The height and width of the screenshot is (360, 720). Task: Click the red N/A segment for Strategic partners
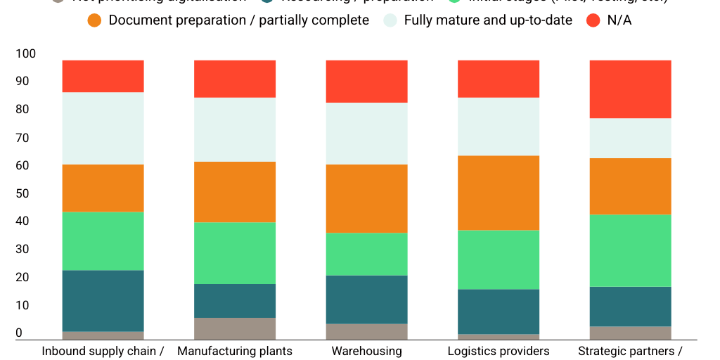tap(631, 89)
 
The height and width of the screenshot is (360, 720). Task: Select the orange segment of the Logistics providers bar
tap(499, 193)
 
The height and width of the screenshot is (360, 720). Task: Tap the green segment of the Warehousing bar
tap(366, 254)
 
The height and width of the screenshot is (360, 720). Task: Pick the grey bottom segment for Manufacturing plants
tap(235, 328)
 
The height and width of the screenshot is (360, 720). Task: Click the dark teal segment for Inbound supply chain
tap(103, 300)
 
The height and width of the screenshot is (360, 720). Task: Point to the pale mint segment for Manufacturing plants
tap(235, 129)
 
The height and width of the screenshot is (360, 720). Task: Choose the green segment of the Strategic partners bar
tap(631, 250)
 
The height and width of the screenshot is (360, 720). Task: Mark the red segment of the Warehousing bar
tap(366, 82)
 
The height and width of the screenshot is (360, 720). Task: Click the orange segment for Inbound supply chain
tap(103, 188)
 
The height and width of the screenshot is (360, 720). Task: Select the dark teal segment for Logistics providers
tap(499, 311)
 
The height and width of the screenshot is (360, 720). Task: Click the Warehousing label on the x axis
tap(366, 351)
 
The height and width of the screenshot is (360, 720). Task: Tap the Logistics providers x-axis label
tap(499, 351)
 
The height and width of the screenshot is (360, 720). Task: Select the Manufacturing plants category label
tap(235, 351)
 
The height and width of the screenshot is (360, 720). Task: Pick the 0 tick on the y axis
tap(19, 333)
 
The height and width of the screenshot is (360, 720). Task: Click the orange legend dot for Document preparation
tap(95, 20)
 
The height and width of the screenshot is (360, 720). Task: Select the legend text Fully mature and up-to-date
tap(488, 20)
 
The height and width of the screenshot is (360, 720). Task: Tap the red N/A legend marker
tap(593, 20)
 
